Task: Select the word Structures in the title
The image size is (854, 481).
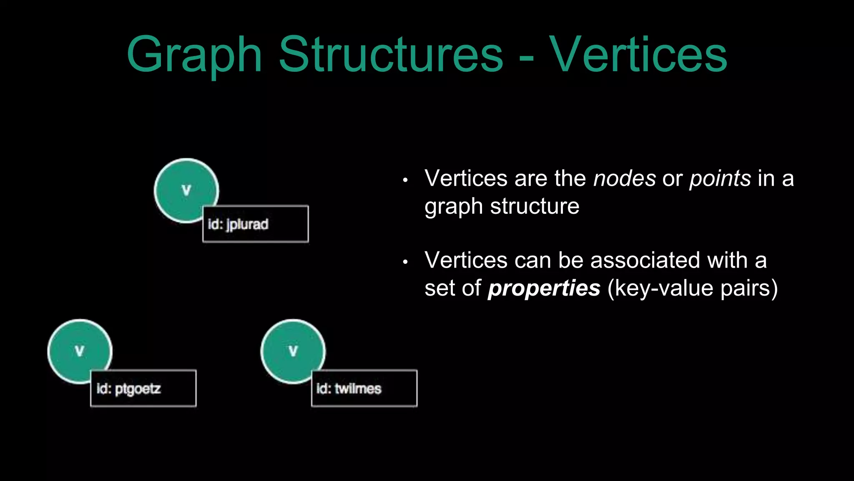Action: tap(391, 55)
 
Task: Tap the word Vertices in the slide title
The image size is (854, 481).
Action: tap(638, 55)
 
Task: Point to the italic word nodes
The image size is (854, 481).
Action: tap(624, 179)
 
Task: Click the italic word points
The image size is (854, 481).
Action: tap(720, 179)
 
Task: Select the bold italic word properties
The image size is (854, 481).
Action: tap(544, 289)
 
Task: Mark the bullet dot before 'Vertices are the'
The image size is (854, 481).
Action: tap(405, 180)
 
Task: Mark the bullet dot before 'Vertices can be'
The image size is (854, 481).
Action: tap(405, 262)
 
